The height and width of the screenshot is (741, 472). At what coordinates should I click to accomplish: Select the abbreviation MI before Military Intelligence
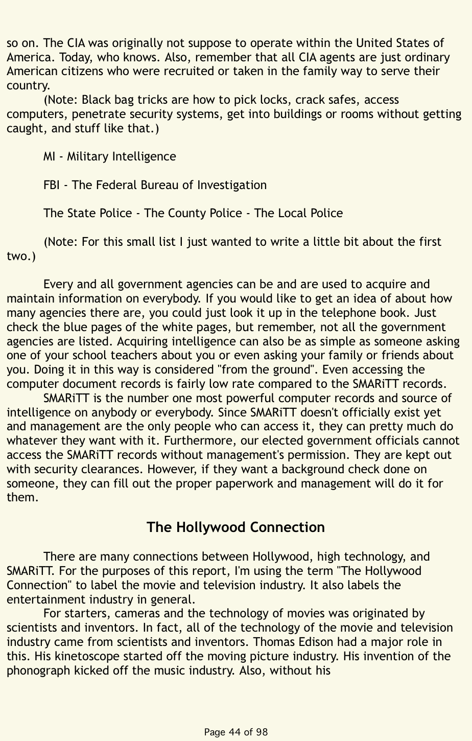point(49,156)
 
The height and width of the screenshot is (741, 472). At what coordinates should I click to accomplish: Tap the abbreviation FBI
point(52,184)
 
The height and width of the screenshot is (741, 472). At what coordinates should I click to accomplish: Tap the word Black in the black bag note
point(99,99)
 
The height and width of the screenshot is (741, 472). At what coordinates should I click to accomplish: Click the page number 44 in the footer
point(235,732)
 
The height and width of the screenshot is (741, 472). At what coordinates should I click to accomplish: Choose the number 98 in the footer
point(262,732)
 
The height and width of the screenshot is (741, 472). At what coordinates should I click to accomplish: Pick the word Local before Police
point(292,213)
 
